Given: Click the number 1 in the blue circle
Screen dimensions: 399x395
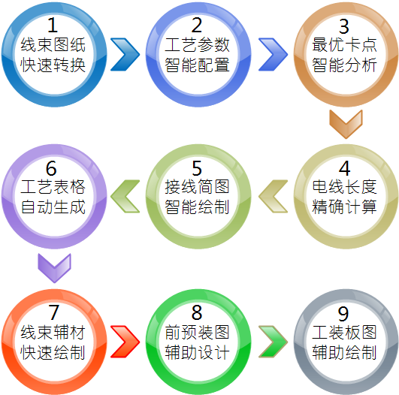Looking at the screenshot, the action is click(x=53, y=25).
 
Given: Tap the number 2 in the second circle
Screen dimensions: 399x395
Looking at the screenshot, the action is click(x=197, y=25).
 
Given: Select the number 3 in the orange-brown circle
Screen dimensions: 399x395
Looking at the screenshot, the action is click(x=344, y=26).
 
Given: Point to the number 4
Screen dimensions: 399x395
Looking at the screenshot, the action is click(x=345, y=168).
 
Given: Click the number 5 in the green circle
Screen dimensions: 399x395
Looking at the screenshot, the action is click(x=197, y=168).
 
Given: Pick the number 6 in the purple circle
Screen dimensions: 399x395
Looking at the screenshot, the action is click(x=51, y=168).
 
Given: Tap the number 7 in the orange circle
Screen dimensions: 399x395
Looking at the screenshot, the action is click(x=53, y=312).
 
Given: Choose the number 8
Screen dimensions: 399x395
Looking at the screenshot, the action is click(x=197, y=312).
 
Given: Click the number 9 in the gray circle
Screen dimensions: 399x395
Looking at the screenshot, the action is click(x=343, y=314).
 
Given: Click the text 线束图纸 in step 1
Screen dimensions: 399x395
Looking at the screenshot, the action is click(x=53, y=45).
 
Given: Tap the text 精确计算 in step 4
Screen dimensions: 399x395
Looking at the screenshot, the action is click(x=344, y=207).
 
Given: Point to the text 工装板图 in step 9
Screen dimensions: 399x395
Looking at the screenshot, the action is click(x=344, y=332).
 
